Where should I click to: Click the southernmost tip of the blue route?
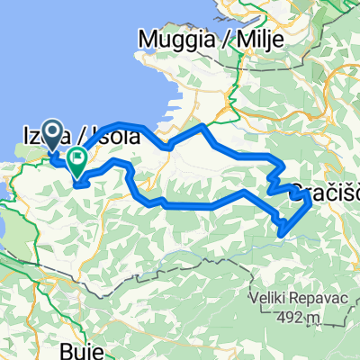[x=283, y=234]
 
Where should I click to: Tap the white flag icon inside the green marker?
[x=77, y=158]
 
